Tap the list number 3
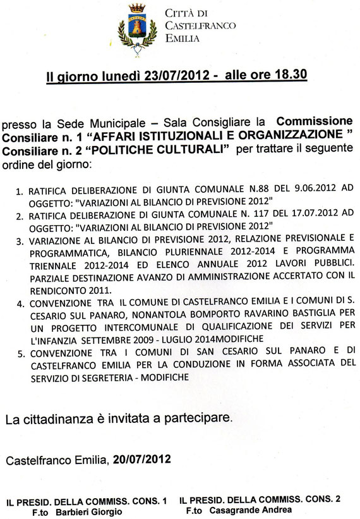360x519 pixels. [x=19, y=222]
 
